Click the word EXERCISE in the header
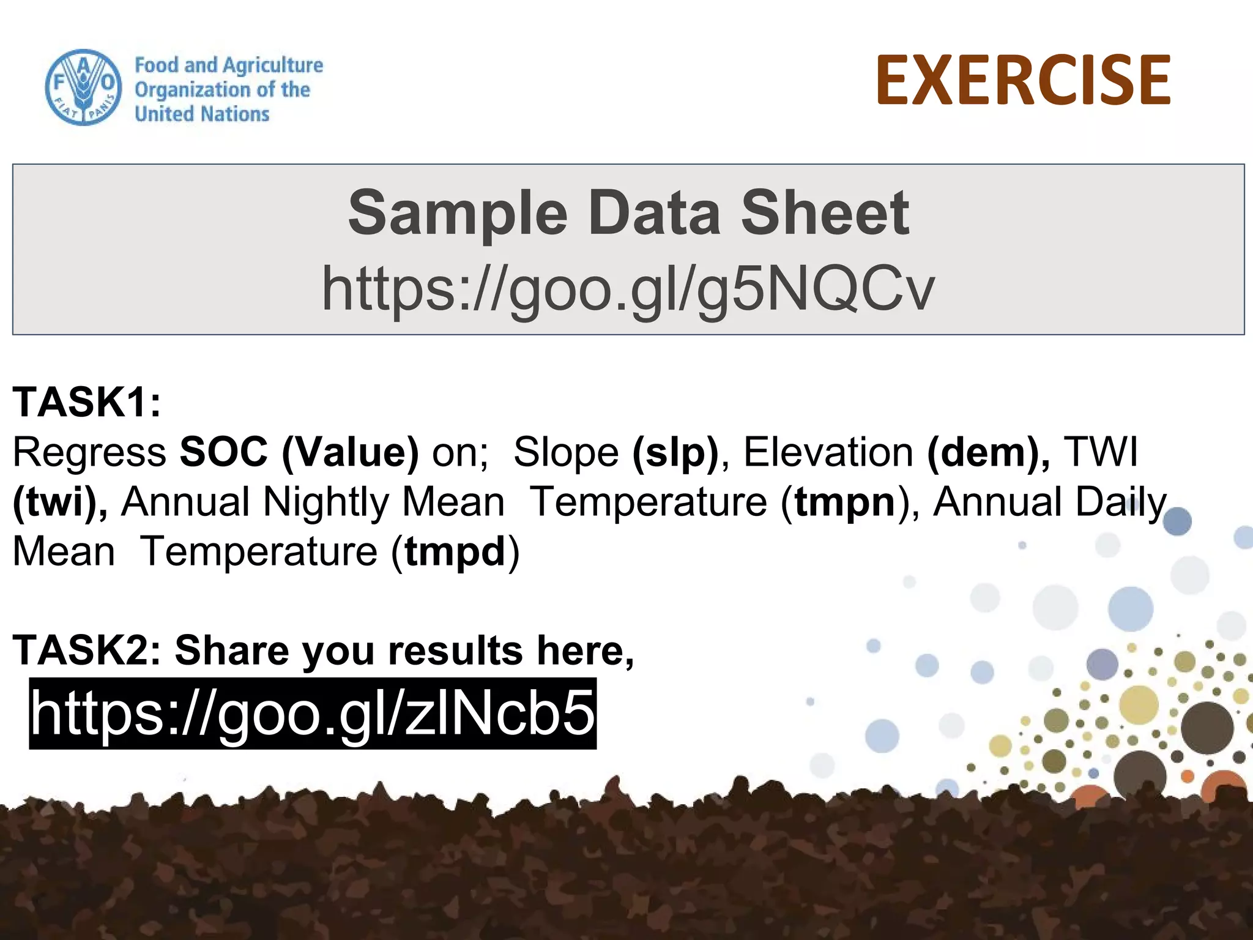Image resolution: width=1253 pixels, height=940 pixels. tap(1023, 80)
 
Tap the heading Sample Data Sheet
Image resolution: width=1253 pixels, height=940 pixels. tap(628, 212)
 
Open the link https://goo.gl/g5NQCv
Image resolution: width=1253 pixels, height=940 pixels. tap(628, 288)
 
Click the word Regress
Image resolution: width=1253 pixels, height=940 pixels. tap(89, 452)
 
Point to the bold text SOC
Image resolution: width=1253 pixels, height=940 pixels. tap(223, 452)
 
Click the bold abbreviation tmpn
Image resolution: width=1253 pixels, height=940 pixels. tap(845, 502)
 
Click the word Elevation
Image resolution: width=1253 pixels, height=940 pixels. tap(828, 452)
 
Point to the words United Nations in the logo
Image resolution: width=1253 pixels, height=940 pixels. tap(202, 114)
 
